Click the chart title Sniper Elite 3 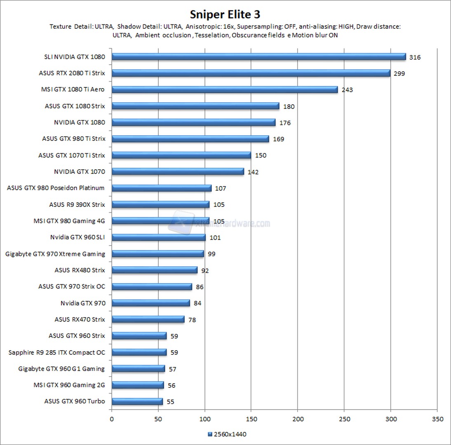225,14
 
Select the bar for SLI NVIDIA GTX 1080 258,57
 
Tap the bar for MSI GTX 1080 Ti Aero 225,89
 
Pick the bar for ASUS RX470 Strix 148,319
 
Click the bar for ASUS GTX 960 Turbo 137,401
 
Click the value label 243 347,90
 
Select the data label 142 253,172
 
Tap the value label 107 221,188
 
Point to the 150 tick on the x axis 251,419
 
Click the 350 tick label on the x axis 437,419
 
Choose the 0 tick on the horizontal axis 112,419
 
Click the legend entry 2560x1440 227,434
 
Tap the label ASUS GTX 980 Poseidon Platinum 56,188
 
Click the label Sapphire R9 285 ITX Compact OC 57,352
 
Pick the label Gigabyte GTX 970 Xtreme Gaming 55,254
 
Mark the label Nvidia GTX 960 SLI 78,237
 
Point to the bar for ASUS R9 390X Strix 160,204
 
